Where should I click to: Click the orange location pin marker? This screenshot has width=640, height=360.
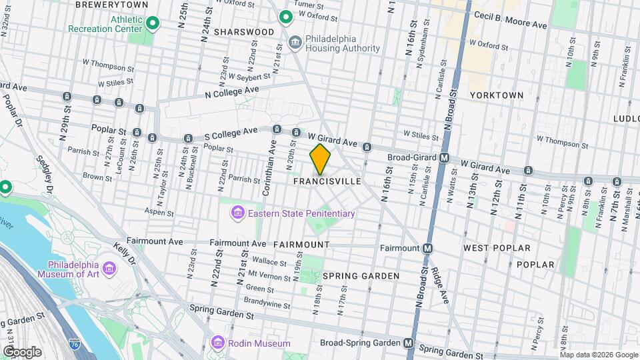click(320, 159)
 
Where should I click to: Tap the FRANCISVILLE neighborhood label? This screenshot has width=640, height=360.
click(327, 181)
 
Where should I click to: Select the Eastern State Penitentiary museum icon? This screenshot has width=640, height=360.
click(236, 213)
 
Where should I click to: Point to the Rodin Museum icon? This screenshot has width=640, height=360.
click(217, 343)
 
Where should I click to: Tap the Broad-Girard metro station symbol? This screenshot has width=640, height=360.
click(444, 158)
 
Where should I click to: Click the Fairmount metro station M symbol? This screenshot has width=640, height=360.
click(428, 248)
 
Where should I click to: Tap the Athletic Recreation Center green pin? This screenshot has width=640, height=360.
click(153, 25)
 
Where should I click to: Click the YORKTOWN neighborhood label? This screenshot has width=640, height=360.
click(496, 95)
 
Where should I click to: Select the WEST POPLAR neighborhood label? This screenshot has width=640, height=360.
click(497, 248)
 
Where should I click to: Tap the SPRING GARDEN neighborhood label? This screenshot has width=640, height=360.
click(361, 276)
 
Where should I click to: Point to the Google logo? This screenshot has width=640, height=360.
click(21, 351)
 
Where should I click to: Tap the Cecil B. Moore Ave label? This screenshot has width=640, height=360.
click(510, 20)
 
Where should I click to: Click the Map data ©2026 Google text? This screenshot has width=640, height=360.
click(599, 355)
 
